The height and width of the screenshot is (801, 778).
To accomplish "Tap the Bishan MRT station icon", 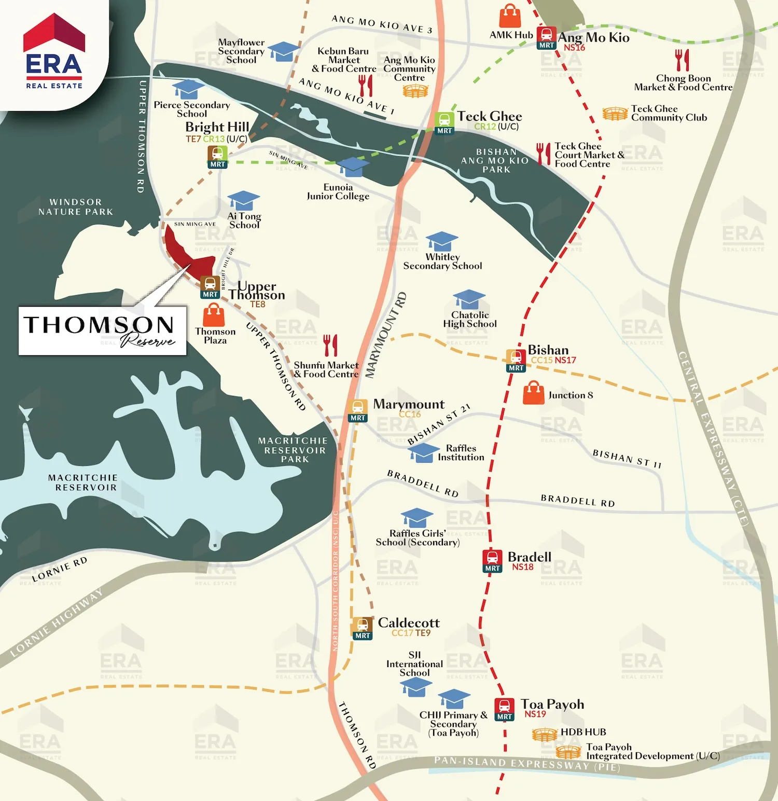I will click(516, 361).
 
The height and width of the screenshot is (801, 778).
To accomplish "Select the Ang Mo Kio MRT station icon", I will click(546, 37).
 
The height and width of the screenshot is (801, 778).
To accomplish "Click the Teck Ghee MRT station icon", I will click(444, 123).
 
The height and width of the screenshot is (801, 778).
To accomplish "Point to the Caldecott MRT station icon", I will click(362, 628).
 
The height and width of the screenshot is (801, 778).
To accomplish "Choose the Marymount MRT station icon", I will click(357, 410).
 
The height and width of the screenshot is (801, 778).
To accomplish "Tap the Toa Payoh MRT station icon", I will click(504, 709).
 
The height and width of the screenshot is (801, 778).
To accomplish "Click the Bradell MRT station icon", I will click(492, 561).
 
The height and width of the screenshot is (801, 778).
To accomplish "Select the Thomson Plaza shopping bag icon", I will click(214, 314).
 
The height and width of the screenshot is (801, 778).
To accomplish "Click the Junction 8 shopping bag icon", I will click(534, 393).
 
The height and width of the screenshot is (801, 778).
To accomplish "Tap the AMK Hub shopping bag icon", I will click(510, 17).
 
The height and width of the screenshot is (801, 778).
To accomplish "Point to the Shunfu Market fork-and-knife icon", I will click(330, 345).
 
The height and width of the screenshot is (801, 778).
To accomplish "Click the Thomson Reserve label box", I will click(102, 330).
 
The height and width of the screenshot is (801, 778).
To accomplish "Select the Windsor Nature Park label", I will click(75, 206).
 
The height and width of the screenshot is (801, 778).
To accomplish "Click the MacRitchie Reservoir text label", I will click(82, 482).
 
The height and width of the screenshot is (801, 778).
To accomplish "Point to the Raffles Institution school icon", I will click(423, 452).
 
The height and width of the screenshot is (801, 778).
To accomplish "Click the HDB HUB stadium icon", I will click(545, 734).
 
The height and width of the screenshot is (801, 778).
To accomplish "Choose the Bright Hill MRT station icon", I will click(217, 157).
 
